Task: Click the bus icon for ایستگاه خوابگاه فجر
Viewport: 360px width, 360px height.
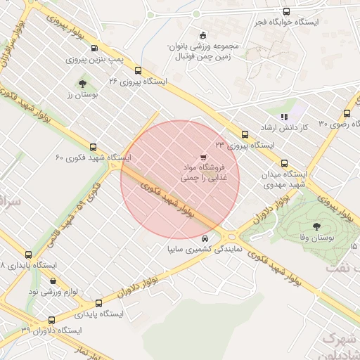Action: tap(285, 11)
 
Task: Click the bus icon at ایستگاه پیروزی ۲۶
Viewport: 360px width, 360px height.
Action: tap(139, 70)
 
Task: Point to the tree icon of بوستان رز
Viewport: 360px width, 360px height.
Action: tap(82, 83)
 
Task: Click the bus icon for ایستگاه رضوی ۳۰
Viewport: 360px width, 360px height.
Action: tap(347, 113)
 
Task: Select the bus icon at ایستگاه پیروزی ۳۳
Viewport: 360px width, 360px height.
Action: tap(245, 134)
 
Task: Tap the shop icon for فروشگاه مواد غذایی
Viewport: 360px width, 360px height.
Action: tap(202, 157)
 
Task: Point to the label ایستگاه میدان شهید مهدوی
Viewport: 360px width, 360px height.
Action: tap(285, 179)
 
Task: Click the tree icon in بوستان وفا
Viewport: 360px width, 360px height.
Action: tap(316, 226)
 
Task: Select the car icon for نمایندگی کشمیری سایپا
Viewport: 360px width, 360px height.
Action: tap(205, 238)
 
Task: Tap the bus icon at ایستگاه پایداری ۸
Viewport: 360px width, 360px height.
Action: tap(28, 255)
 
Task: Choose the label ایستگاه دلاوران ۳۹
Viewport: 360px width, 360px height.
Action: tap(51, 330)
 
